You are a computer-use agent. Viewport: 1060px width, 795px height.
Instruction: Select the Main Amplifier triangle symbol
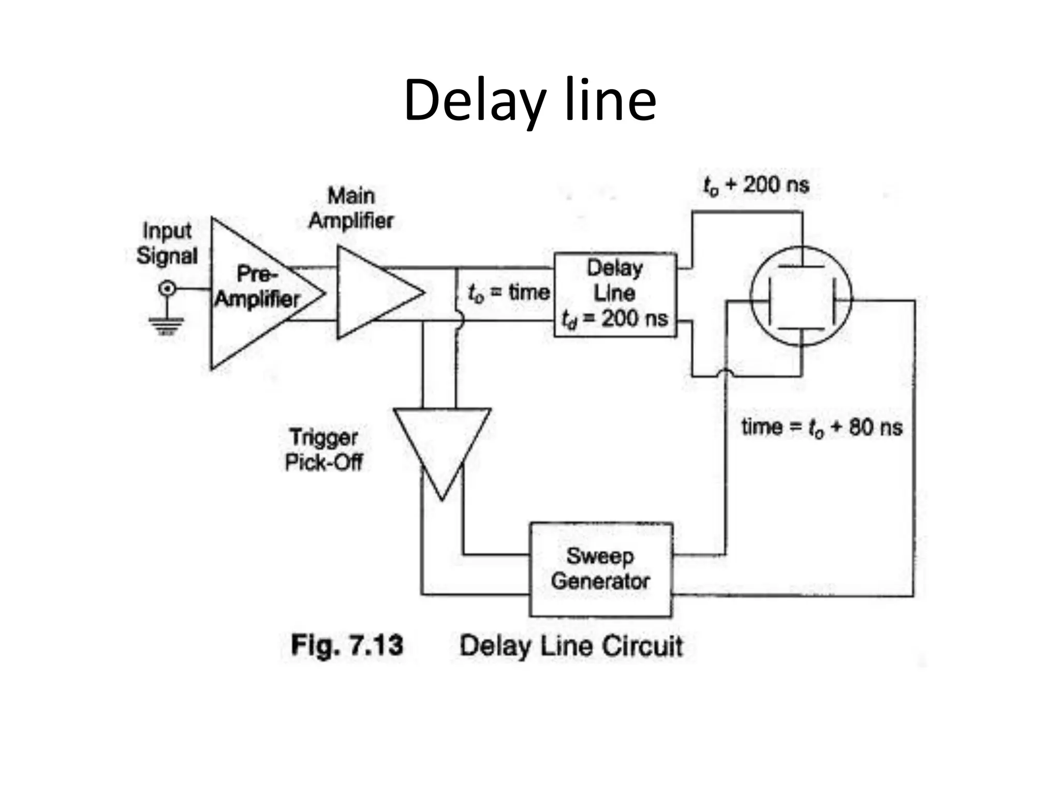[373, 293]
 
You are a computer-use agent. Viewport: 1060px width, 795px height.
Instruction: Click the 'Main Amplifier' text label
[351, 208]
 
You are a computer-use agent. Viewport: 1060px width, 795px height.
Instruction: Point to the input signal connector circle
[167, 288]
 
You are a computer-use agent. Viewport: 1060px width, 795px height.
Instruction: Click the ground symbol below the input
[166, 325]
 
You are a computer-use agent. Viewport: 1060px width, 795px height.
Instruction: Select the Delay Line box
[615, 295]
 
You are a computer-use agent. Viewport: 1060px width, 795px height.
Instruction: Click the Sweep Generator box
[601, 569]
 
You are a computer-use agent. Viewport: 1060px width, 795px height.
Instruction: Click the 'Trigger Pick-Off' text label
[324, 449]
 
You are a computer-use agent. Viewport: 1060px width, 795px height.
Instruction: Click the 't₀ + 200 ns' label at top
[756, 185]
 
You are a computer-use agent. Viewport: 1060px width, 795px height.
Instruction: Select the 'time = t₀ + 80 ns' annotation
[821, 428]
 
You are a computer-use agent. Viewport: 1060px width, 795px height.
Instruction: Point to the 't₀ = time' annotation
[508, 293]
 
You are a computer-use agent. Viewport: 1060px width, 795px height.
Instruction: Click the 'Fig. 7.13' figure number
[347, 645]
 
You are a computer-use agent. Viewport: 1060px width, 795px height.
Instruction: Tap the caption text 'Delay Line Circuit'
[571, 646]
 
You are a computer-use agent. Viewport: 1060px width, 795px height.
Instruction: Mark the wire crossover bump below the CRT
[726, 372]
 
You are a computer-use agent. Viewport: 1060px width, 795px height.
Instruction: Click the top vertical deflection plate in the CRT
[801, 267]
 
